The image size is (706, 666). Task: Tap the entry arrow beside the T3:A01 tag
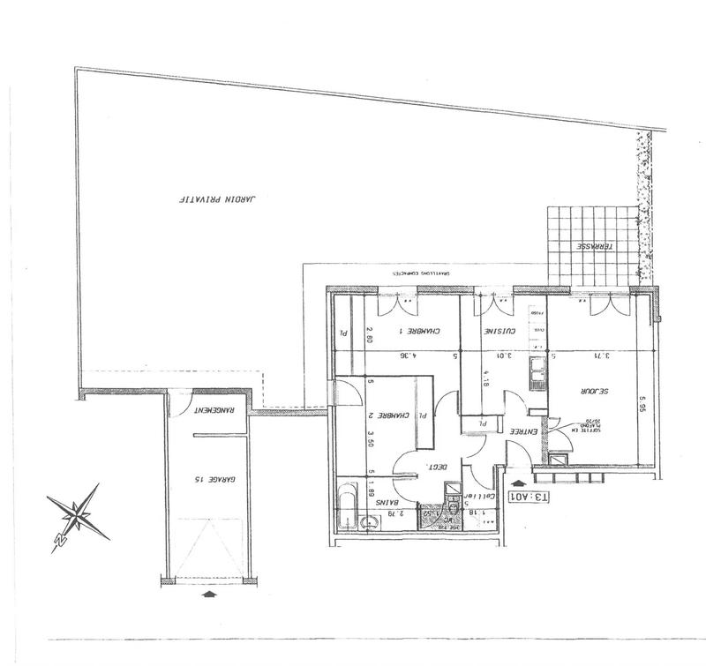516,483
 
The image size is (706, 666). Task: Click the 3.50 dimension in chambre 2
371,438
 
